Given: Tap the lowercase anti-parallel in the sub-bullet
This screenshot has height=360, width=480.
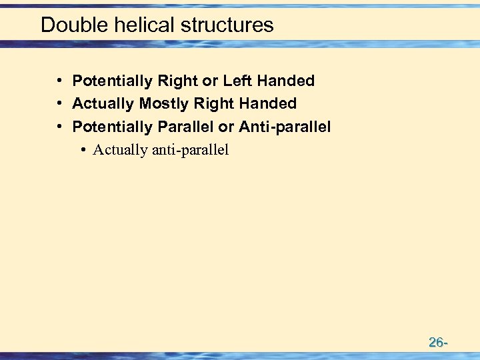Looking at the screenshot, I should (x=191, y=149).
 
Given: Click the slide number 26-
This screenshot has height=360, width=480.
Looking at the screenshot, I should (x=437, y=343).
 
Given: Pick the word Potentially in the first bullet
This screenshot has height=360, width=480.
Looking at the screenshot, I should (x=113, y=81).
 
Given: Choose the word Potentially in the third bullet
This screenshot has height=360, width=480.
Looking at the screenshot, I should (x=113, y=126).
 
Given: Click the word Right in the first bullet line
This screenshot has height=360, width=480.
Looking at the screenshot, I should (x=178, y=81).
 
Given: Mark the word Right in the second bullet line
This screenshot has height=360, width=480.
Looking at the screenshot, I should (x=213, y=103).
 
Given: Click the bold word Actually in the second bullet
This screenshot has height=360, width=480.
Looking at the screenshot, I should (x=103, y=103).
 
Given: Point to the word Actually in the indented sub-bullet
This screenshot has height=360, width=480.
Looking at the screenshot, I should (x=120, y=149).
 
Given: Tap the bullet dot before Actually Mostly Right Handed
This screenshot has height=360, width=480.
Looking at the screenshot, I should (x=60, y=103).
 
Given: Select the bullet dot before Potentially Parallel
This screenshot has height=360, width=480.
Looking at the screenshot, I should (x=60, y=126).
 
